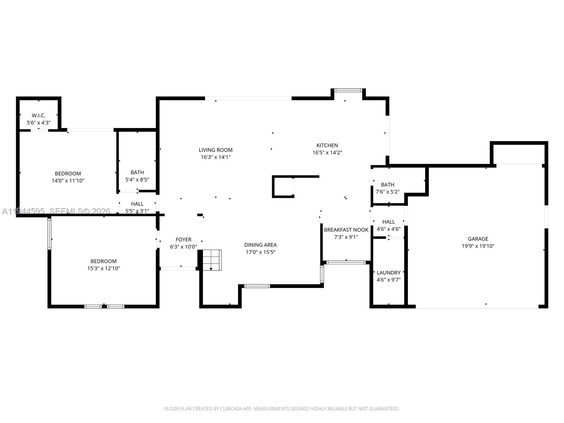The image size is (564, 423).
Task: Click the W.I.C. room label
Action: (38, 116)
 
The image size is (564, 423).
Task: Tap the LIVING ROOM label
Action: (216, 150)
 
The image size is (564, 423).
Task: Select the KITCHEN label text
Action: (327, 145)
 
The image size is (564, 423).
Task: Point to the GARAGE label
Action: (478, 239)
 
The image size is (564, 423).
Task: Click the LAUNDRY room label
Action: (388, 273)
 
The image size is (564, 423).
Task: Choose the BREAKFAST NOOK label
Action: (346, 230)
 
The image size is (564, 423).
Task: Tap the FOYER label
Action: (183, 240)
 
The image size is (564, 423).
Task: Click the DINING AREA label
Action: (260, 245)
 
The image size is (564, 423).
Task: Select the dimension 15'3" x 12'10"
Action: (104, 268)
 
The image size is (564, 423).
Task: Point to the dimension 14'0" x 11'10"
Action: (68, 180)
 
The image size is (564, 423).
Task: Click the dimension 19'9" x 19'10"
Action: (478, 246)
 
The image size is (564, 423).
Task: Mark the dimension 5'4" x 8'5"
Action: (137, 179)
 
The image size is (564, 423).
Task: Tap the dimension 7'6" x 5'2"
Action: (387, 192)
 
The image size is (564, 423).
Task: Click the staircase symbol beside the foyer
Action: (212, 260)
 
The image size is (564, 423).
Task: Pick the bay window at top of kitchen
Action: (348, 90)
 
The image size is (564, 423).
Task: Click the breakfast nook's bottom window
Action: (346, 263)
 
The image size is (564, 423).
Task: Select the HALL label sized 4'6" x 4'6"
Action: (388, 222)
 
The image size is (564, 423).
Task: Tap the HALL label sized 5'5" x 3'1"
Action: (137, 204)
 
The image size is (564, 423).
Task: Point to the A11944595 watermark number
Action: (23, 211)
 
